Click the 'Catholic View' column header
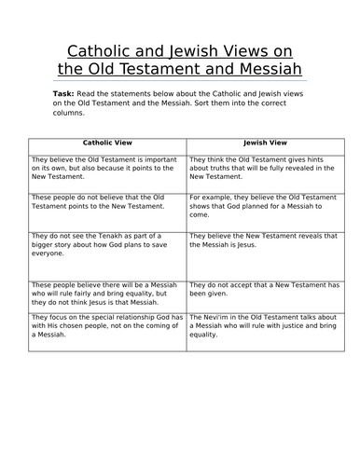pyautogui.click(x=108, y=145)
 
